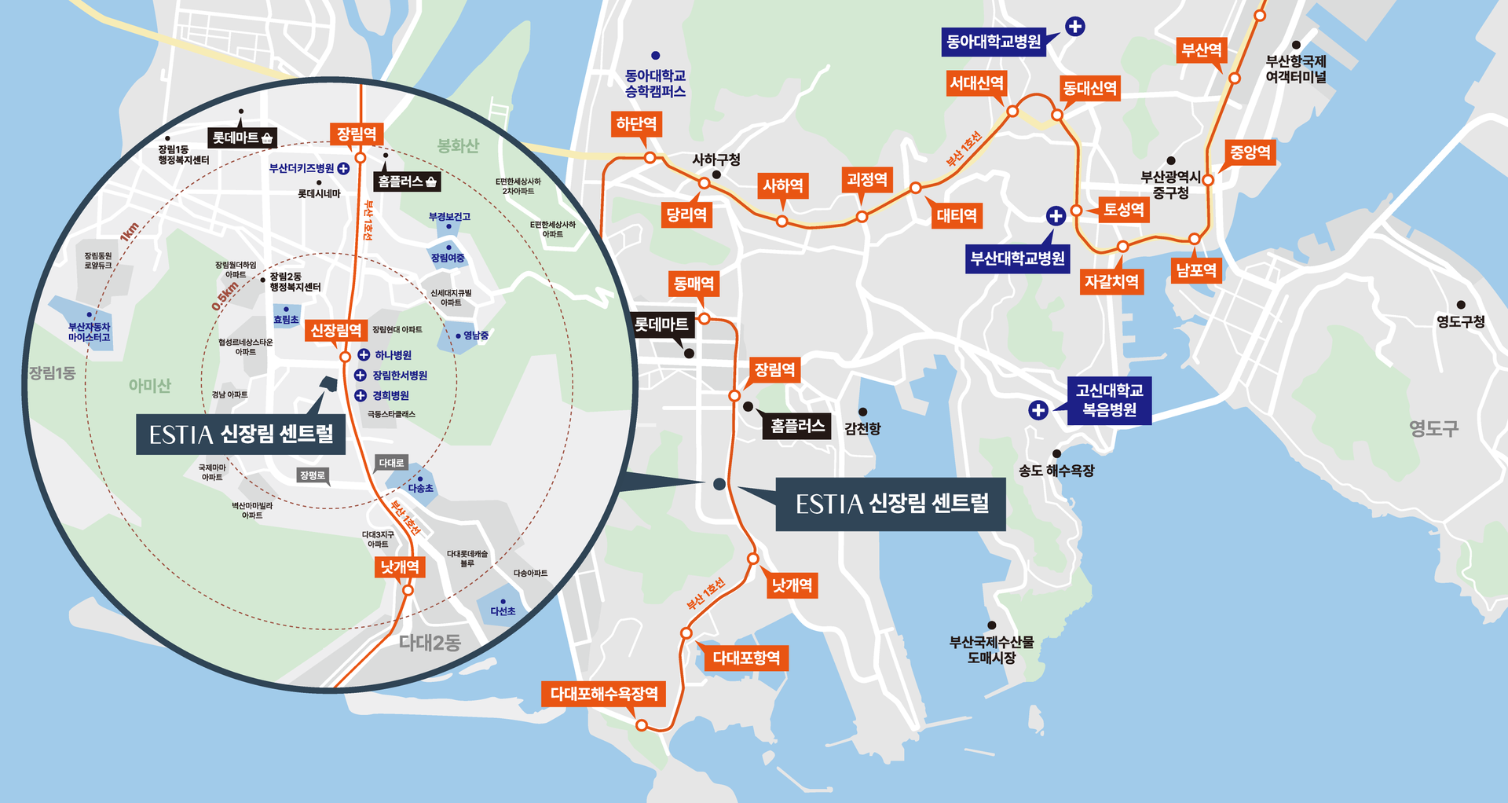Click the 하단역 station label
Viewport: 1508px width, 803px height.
pyautogui.click(x=636, y=124)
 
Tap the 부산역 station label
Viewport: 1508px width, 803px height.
pyautogui.click(x=1202, y=50)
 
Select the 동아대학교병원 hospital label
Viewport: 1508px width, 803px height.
pyautogui.click(x=994, y=42)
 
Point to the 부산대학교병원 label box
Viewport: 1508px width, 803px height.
pyautogui.click(x=1017, y=258)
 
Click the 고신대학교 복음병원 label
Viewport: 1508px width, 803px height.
pyautogui.click(x=1109, y=400)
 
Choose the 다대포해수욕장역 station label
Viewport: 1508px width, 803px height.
pyautogui.click(x=604, y=694)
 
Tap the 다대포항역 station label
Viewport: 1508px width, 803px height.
pyautogui.click(x=745, y=658)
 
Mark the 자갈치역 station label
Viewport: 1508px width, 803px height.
pyautogui.click(x=1111, y=281)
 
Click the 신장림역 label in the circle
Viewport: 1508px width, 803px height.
pyautogui.click(x=336, y=331)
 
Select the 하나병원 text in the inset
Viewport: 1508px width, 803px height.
pyautogui.click(x=393, y=355)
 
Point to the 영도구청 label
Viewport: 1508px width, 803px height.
pyautogui.click(x=1460, y=321)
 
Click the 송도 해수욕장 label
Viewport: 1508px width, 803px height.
pyautogui.click(x=1056, y=471)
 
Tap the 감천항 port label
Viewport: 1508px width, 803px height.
pyautogui.click(x=862, y=428)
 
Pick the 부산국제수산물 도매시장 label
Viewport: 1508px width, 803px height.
pyautogui.click(x=991, y=650)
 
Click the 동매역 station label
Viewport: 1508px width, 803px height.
pyautogui.click(x=694, y=284)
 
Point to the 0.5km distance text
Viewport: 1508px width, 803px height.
pyautogui.click(x=225, y=296)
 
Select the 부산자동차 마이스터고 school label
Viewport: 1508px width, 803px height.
pyautogui.click(x=89, y=332)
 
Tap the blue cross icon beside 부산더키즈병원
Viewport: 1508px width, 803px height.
pyautogui.click(x=343, y=169)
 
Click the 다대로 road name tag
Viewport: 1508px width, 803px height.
pyautogui.click(x=391, y=463)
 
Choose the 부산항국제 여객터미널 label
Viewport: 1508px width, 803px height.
pyautogui.click(x=1295, y=69)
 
